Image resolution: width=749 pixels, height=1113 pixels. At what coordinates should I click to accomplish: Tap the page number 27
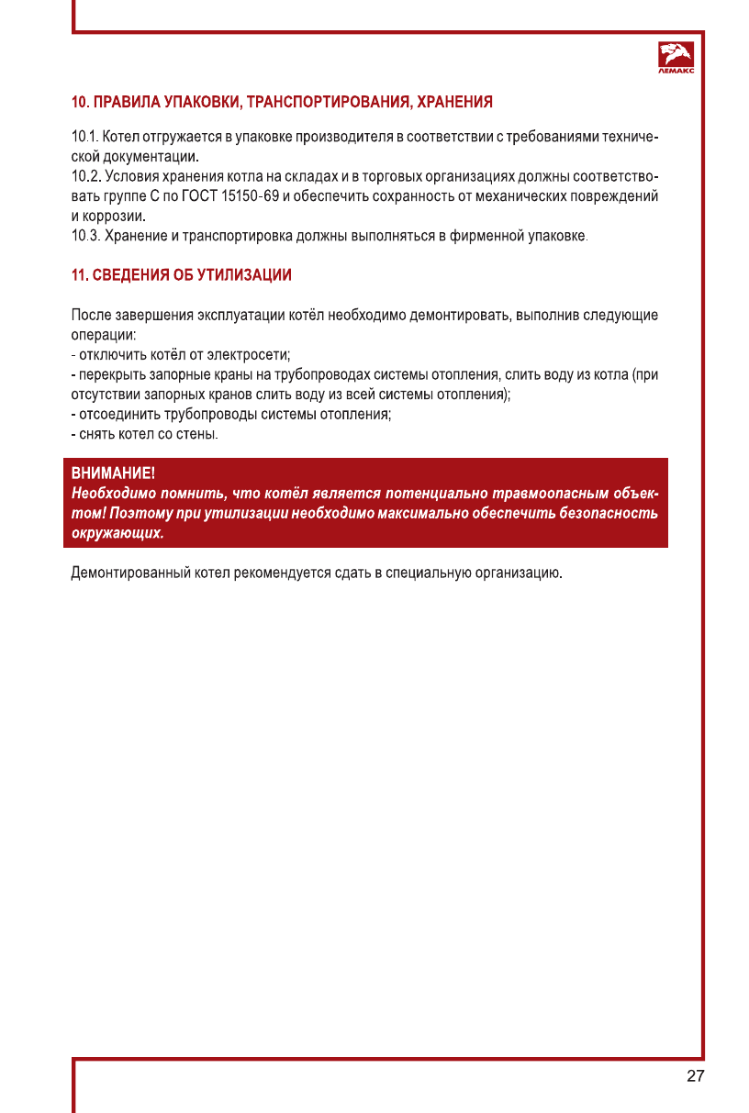pyautogui.click(x=695, y=1076)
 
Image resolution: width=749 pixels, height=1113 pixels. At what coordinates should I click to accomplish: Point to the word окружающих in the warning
pyautogui.click(x=117, y=533)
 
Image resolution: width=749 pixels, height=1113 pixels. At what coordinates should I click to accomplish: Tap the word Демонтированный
pyautogui.click(x=129, y=574)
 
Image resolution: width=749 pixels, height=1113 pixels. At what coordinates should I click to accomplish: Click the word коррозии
pyautogui.click(x=116, y=217)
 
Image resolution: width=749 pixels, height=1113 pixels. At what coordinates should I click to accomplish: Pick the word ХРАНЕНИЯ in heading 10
pyautogui.click(x=454, y=101)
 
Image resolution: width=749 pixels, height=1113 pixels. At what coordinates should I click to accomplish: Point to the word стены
pyautogui.click(x=198, y=433)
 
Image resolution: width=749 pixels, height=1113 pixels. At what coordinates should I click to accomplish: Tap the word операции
pyautogui.click(x=103, y=335)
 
